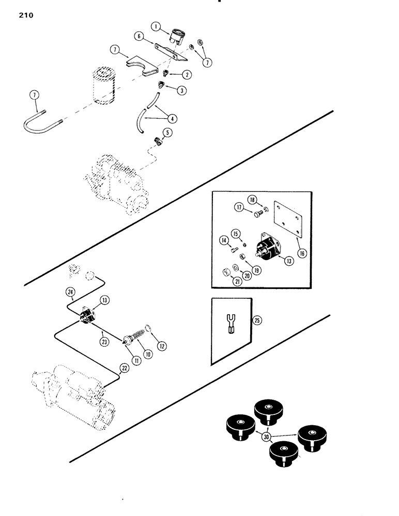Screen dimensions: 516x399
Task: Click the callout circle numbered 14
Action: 224,240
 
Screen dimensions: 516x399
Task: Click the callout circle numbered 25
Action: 257,320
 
